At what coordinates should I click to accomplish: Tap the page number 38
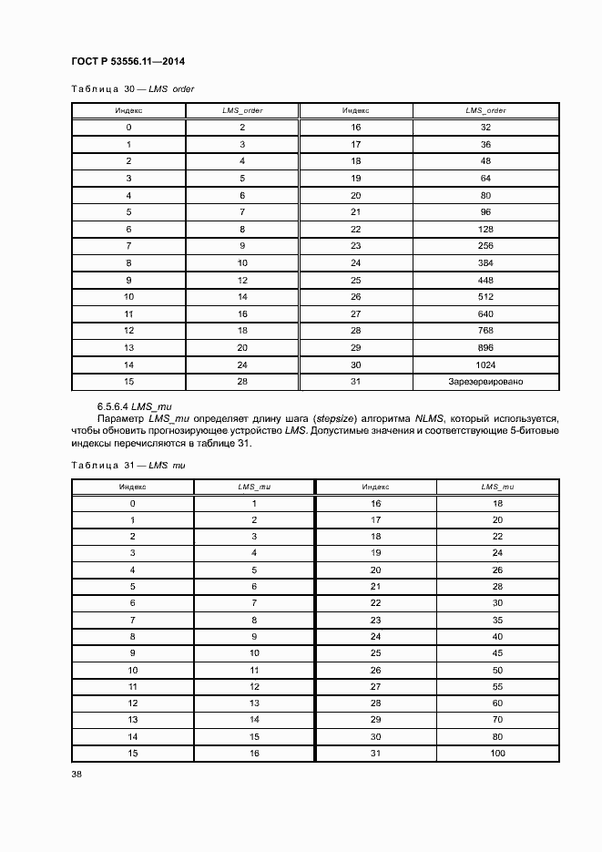click(76, 775)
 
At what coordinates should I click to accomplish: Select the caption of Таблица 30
click(133, 89)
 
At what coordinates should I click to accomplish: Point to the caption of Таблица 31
click(128, 466)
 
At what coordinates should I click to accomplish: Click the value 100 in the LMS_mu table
click(497, 754)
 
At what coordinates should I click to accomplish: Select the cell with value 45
click(497, 653)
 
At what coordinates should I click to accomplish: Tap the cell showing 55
click(497, 687)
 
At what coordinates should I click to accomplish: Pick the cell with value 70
click(497, 720)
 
